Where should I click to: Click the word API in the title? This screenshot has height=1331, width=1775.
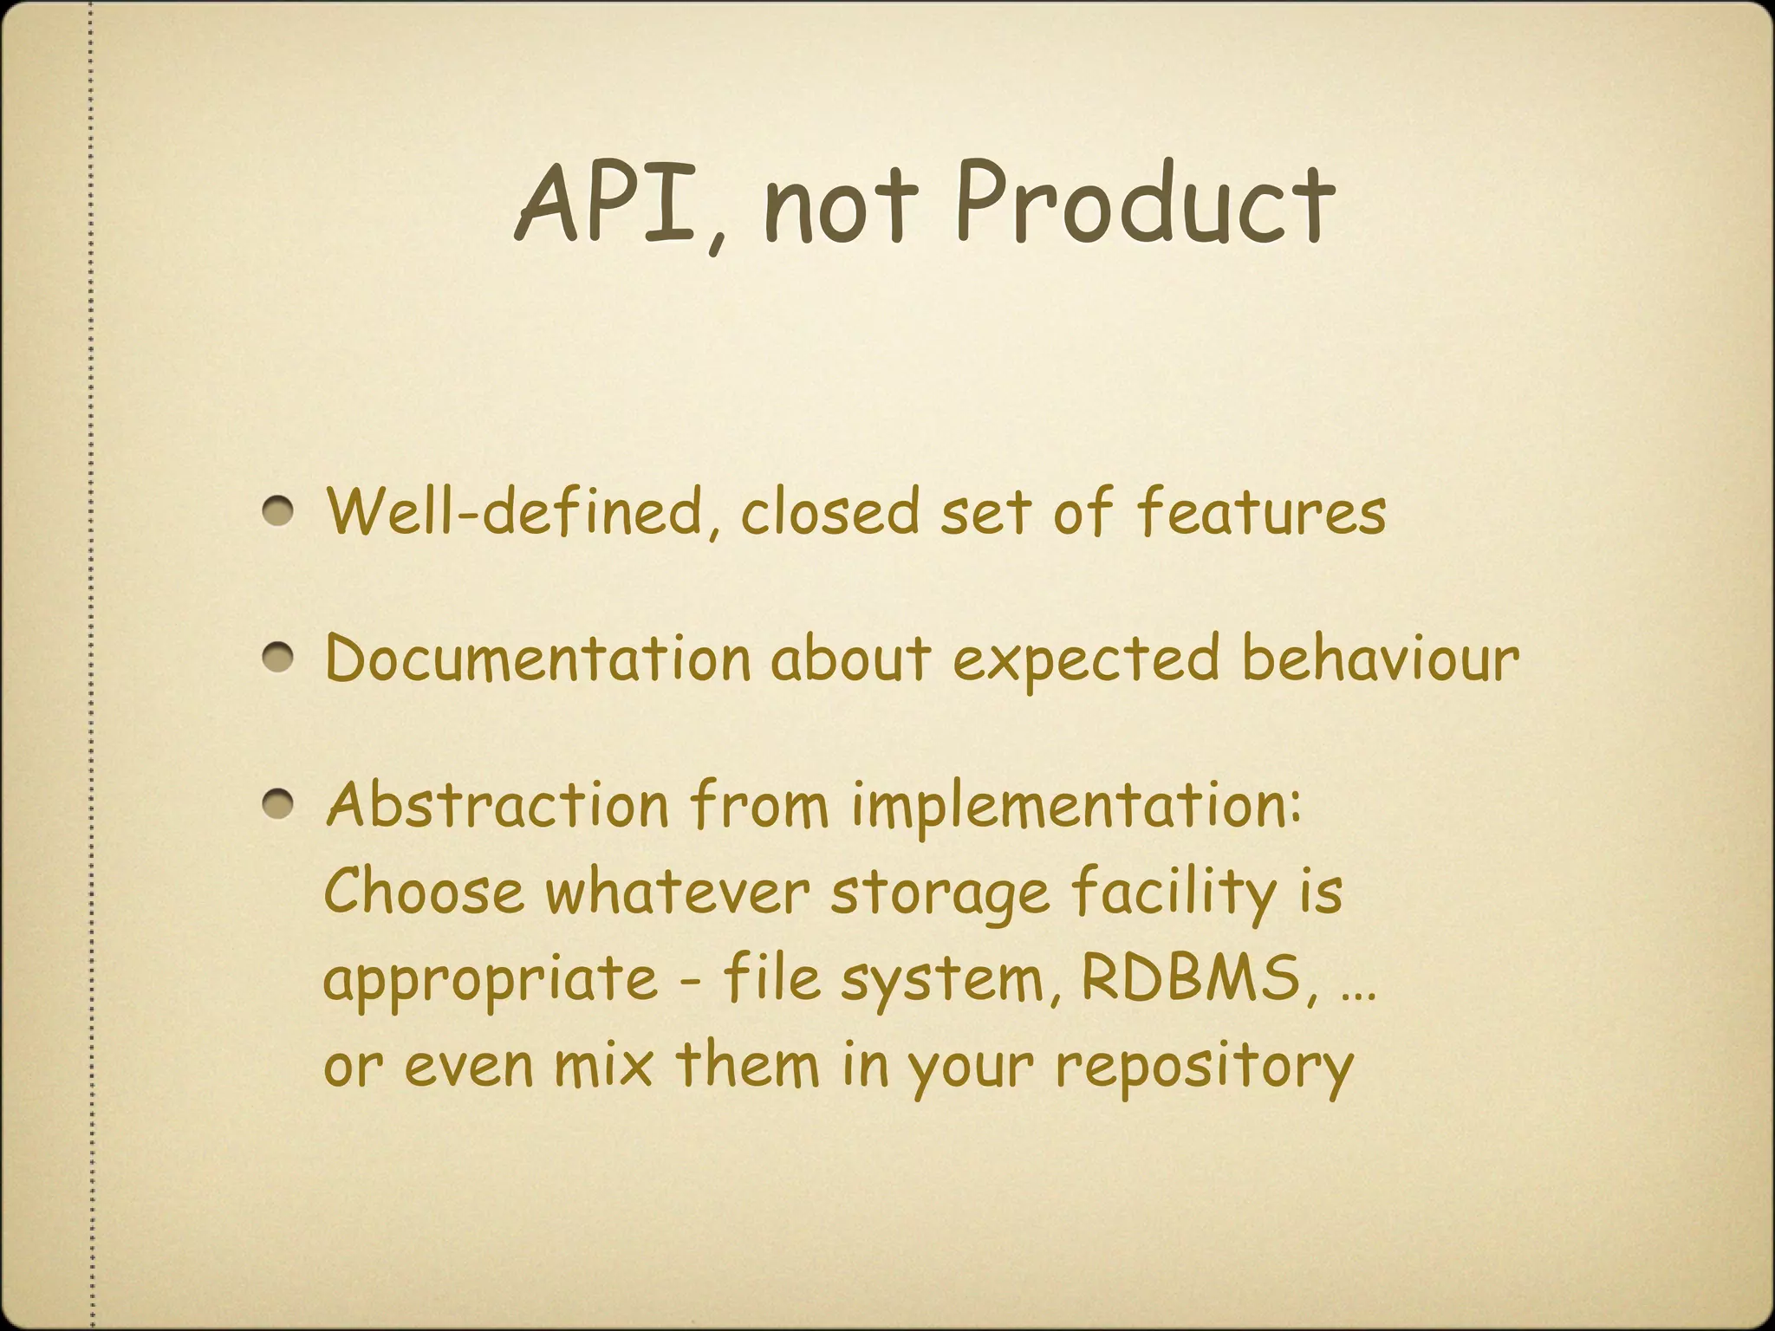point(607,202)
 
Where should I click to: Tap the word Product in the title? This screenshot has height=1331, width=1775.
point(1144,202)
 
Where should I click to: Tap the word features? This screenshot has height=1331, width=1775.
point(1261,511)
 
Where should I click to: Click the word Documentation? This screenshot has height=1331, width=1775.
point(537,659)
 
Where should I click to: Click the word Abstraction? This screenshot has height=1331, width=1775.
point(497,805)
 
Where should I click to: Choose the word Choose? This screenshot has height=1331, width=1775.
point(424,892)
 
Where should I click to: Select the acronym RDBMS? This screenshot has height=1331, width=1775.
point(1192,978)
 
